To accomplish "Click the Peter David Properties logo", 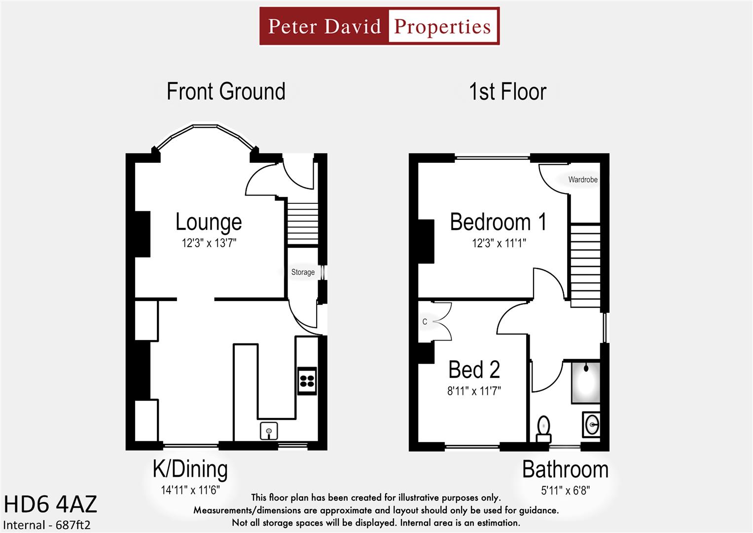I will (x=379, y=26).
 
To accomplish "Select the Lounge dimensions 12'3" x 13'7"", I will (x=209, y=243).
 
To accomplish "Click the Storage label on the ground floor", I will (x=303, y=272).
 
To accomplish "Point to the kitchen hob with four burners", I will (x=307, y=381).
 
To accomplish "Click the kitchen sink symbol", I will (x=269, y=431).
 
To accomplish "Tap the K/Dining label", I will (x=190, y=469).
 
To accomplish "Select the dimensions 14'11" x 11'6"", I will (x=190, y=490).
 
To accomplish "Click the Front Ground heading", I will (x=226, y=92).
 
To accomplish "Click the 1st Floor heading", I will (x=507, y=92).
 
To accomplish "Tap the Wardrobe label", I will (x=582, y=180).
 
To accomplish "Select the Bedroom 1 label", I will (x=498, y=222).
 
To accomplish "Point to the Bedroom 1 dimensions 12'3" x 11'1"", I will (x=499, y=243).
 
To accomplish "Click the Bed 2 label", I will (x=474, y=370).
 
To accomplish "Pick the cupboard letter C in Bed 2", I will (x=425, y=322).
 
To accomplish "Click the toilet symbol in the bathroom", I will (x=543, y=429).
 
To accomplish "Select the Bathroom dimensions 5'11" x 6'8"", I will (x=565, y=491).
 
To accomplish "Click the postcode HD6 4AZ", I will (x=50, y=505).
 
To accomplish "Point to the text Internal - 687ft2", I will (x=47, y=525).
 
